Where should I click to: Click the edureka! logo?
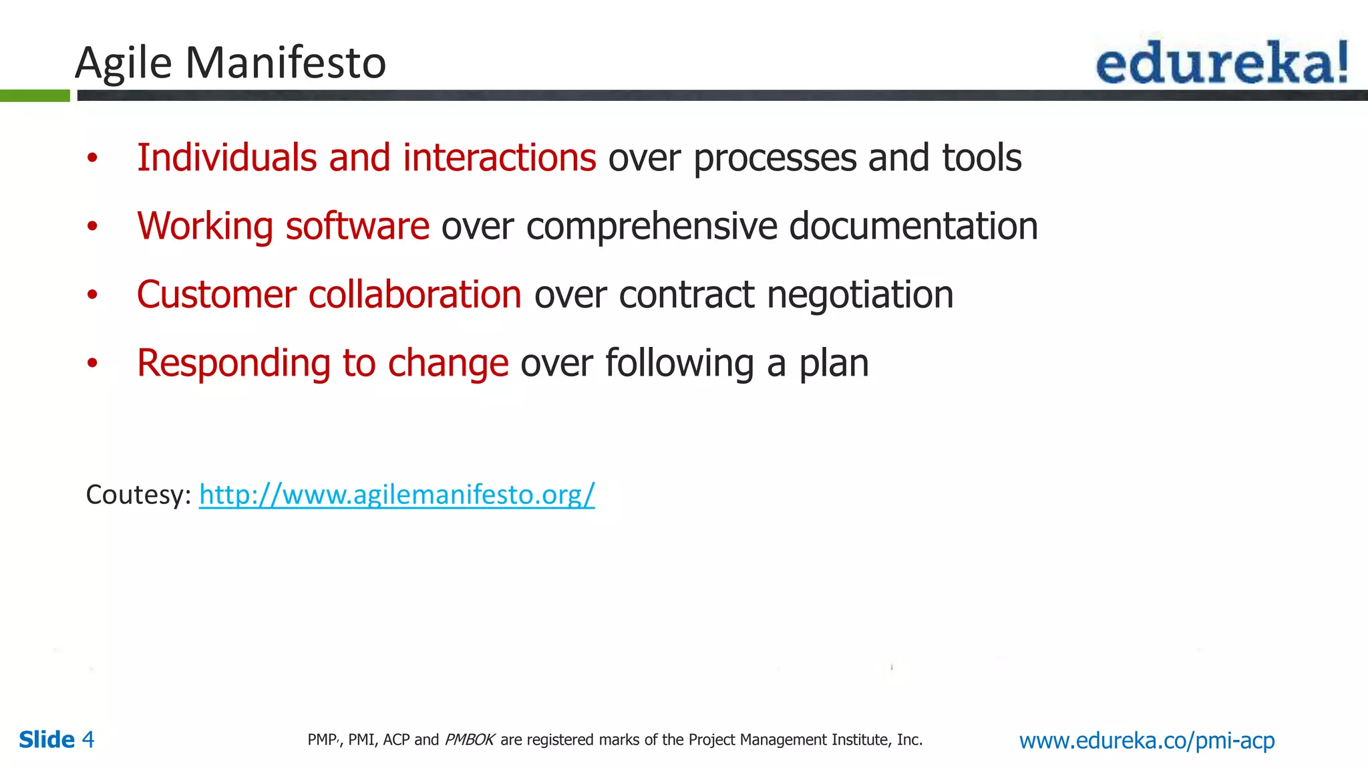point(1222,62)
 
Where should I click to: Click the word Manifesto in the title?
point(285,63)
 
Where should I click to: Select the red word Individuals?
point(226,158)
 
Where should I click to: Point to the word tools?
point(981,158)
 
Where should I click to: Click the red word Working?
point(204,226)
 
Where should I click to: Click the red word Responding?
point(234,364)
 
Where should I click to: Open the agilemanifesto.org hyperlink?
point(397,495)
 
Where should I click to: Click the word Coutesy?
point(138,495)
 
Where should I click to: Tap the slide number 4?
point(88,740)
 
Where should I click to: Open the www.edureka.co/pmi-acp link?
point(1146,740)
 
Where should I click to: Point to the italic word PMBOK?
point(470,740)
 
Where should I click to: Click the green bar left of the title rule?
point(35,96)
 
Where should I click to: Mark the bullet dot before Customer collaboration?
point(92,295)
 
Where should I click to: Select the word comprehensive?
point(651,227)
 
